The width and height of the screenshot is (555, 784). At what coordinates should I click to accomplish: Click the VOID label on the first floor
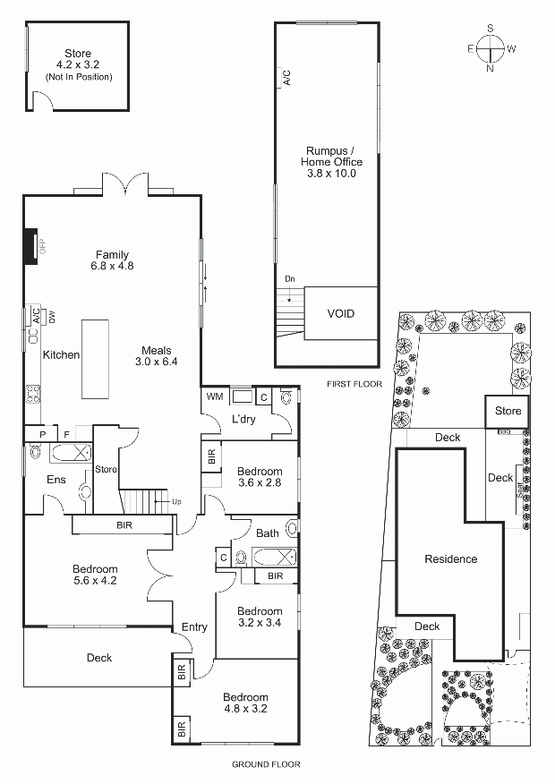(340, 314)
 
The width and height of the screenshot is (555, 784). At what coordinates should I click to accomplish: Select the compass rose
(490, 48)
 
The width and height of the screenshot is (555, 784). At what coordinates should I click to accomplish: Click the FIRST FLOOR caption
(354, 384)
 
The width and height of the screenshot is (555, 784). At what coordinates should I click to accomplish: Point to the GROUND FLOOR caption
(266, 764)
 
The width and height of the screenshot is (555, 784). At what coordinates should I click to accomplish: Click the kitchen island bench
(95, 359)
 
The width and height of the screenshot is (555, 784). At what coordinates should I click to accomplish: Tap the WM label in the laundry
(215, 396)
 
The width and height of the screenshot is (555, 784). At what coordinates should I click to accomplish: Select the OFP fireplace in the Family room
(31, 245)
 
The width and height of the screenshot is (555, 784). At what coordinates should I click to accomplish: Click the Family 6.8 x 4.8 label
(112, 260)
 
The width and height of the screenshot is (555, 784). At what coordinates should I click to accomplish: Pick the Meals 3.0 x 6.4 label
(156, 355)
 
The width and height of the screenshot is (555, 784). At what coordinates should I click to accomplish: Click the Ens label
(56, 480)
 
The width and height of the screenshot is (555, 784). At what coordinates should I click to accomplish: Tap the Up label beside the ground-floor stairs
(176, 501)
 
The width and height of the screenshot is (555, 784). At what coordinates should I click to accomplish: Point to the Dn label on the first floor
(290, 278)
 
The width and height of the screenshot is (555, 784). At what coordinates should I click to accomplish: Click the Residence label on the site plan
(451, 559)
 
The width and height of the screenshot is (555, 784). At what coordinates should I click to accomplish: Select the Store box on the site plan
(507, 412)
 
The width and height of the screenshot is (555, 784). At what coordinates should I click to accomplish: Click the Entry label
(194, 627)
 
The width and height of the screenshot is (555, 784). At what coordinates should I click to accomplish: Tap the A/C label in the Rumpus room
(287, 78)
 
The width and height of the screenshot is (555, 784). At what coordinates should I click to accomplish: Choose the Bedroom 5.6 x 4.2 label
(95, 575)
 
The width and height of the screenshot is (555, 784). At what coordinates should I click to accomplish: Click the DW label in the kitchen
(52, 317)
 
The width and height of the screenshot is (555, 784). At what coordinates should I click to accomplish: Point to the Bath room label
(268, 533)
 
